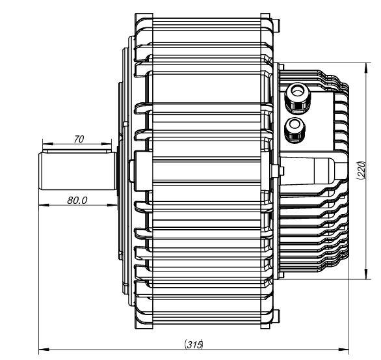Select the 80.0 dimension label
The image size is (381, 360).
[x=77, y=200]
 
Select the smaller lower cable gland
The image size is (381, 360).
[x=295, y=127]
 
